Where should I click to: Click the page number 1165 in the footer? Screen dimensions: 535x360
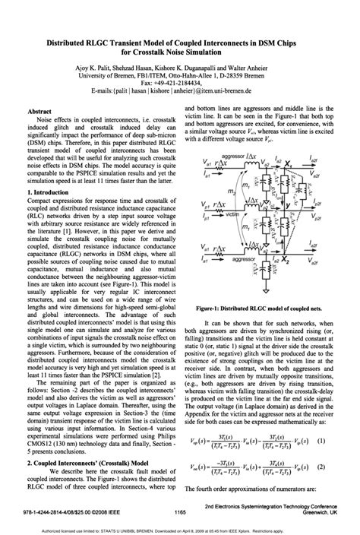(180, 512)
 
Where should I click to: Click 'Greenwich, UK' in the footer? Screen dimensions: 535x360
(327, 512)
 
